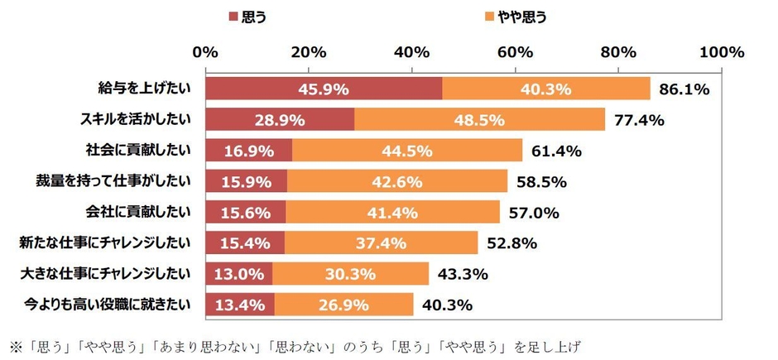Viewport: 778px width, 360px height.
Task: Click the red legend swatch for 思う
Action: (232, 17)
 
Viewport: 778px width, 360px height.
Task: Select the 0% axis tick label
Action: (205, 52)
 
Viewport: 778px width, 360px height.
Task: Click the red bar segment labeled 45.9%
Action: (324, 89)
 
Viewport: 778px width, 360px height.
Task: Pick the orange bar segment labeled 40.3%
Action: (546, 89)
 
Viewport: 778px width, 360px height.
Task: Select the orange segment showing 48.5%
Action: (479, 119)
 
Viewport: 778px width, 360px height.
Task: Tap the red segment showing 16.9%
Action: (248, 151)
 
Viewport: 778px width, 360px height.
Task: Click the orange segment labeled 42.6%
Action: (397, 181)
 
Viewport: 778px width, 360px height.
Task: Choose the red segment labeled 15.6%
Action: (246, 212)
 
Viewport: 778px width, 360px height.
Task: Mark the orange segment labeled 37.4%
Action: (382, 243)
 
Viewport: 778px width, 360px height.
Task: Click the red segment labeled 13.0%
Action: (239, 274)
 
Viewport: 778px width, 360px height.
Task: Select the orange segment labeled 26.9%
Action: (343, 305)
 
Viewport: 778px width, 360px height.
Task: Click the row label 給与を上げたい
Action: (143, 89)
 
